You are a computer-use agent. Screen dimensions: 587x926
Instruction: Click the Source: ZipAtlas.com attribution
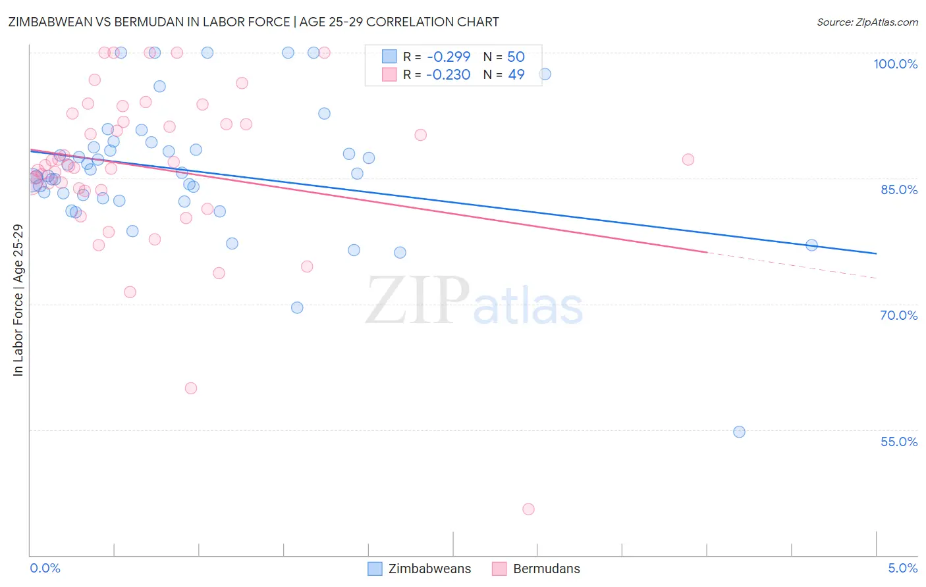pos(867,22)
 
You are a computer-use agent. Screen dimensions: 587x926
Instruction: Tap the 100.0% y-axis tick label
pos(895,64)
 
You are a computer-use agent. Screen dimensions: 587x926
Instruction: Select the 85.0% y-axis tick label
pos(898,190)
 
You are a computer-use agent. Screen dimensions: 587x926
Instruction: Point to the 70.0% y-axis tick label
pos(898,315)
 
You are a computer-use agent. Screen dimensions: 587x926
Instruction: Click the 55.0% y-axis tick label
pos(898,442)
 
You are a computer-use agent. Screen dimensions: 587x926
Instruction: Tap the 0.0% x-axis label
pos(45,568)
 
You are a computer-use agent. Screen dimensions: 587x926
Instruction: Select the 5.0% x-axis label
pos(902,568)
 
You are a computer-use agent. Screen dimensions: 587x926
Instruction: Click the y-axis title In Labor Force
pos(18,300)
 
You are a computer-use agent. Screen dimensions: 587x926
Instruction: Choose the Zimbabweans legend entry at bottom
pos(420,569)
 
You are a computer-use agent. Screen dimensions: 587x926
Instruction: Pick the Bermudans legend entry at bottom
pos(536,569)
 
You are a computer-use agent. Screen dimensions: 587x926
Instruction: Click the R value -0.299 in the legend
pos(448,57)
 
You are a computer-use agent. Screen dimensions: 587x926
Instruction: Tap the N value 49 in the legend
pos(516,74)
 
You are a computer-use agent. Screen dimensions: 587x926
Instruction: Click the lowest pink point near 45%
pos(528,509)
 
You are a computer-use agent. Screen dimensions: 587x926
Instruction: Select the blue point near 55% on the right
pos(739,432)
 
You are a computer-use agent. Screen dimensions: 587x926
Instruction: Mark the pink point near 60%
pos(191,388)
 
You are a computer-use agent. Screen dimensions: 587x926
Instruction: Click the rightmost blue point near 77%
pos(811,245)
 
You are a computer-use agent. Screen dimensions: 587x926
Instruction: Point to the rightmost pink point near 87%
pos(688,159)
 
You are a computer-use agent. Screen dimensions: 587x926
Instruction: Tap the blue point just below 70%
pos(297,307)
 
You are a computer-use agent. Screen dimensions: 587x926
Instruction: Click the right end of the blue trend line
pos(876,253)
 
